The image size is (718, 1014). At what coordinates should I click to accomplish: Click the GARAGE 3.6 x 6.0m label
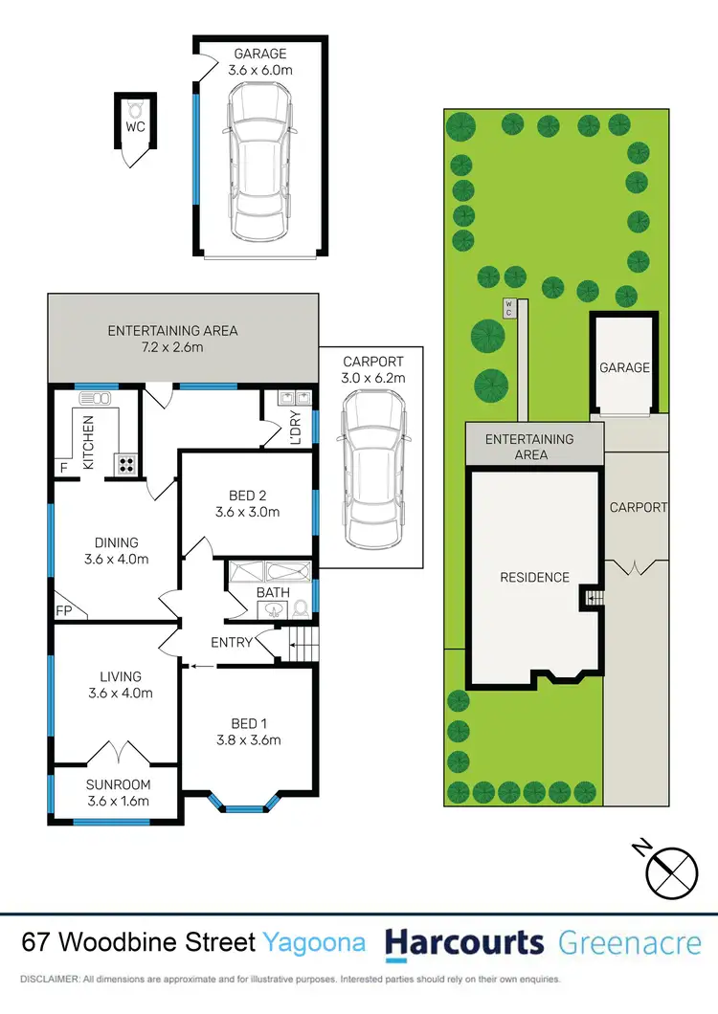click(x=258, y=61)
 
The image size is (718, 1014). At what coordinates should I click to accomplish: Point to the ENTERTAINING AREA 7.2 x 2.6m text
click(x=172, y=339)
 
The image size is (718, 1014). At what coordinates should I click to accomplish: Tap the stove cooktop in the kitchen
click(x=126, y=464)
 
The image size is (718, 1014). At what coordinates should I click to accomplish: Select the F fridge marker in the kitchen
click(x=64, y=468)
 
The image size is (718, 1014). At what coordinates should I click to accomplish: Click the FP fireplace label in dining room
click(x=64, y=609)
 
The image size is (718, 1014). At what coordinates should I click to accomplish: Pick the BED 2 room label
click(x=247, y=503)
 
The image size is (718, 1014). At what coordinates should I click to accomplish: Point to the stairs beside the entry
click(x=302, y=643)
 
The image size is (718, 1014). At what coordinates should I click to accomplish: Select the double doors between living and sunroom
click(x=116, y=753)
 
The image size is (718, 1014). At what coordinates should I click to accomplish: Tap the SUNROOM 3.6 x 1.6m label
click(x=119, y=793)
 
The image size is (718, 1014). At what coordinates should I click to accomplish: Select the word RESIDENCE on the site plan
click(x=534, y=578)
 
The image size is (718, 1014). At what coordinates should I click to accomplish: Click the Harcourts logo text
click(x=464, y=942)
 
